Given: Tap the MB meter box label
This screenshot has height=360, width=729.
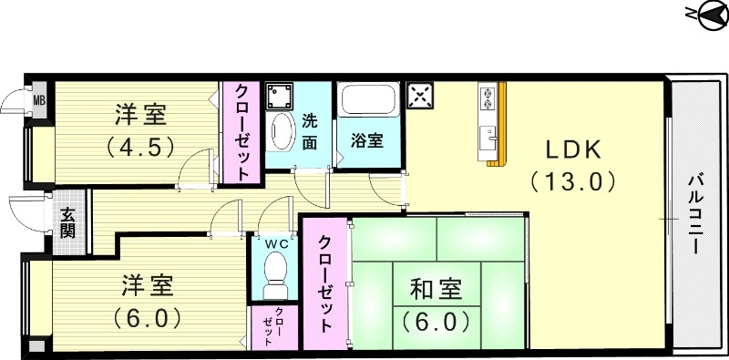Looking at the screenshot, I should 39,98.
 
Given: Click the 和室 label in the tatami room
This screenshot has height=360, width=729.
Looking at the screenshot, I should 434,292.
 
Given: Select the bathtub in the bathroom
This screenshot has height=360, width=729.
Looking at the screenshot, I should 366,101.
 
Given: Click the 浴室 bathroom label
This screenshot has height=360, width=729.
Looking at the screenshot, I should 366,141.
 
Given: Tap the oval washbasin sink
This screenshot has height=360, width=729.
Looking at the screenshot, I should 282,131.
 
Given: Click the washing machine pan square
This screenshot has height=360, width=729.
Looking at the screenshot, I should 279,94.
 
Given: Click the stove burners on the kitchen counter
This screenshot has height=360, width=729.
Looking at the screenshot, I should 488,97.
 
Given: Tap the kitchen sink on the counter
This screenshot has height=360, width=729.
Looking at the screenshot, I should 488,137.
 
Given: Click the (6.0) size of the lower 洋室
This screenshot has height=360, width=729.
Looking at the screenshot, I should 147,319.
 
